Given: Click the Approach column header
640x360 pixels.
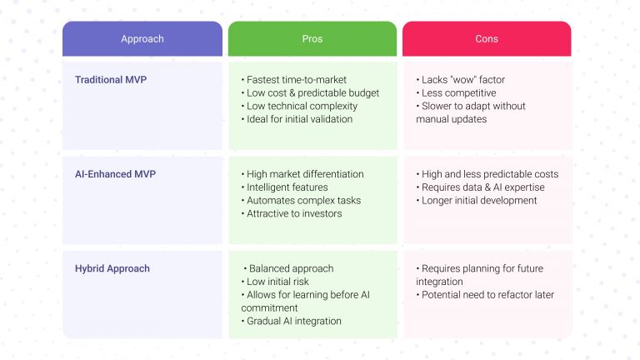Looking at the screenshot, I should [x=142, y=39].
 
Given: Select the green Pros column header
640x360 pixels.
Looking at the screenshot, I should [x=312, y=39].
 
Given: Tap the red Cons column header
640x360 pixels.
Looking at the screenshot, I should [x=487, y=39].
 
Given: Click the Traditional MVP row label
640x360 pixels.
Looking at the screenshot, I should [x=110, y=80].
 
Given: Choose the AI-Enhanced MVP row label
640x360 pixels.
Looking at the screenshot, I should [x=115, y=174].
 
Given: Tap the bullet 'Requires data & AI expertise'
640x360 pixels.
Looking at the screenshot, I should [x=479, y=187].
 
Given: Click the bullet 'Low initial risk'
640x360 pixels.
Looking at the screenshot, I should [x=279, y=282].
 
